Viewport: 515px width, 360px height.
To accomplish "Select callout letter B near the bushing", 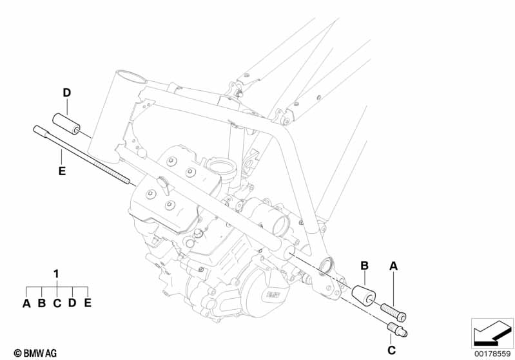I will click(364, 265).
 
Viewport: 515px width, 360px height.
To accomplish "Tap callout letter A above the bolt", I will click(394, 265).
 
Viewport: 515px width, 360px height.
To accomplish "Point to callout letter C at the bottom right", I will click(391, 350).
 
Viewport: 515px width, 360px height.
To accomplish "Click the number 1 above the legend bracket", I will click(57, 273).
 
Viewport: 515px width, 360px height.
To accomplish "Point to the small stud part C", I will click(395, 332).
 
